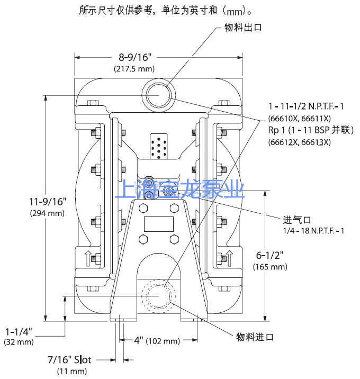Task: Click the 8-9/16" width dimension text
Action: coord(134,57)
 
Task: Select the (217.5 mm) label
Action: coord(134,69)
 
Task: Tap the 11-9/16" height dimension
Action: coord(48,201)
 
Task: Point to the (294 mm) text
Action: coord(47,213)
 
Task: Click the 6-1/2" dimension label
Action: coord(269,255)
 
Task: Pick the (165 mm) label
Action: coord(270,267)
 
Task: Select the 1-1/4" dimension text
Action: coord(19,331)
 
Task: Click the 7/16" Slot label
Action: coord(70,359)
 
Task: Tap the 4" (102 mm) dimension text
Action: coord(157,340)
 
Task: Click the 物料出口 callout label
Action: coord(243,28)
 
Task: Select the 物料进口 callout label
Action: coord(255,337)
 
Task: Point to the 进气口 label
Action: coord(297,220)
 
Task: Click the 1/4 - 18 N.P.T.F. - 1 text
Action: coord(313,231)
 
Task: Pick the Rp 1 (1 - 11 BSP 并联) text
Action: coord(311,130)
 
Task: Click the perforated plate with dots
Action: coord(159,146)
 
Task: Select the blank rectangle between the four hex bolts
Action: coord(159,224)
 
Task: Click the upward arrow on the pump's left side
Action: coord(88,258)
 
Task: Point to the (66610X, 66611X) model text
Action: coord(299,119)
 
